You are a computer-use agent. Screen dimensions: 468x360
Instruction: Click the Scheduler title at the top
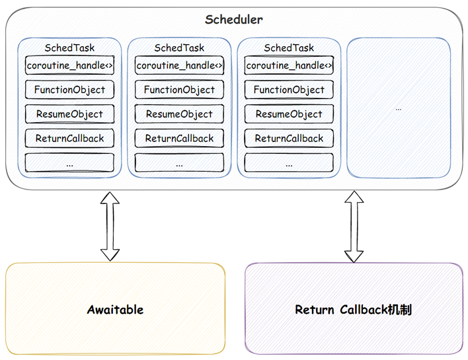click(234, 20)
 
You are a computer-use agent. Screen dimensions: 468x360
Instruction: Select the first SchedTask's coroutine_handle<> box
click(69, 65)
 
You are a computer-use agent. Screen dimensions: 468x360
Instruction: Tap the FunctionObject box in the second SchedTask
click(179, 89)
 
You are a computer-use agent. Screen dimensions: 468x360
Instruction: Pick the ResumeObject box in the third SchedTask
click(289, 114)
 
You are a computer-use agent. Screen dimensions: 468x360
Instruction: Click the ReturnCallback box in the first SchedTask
click(69, 138)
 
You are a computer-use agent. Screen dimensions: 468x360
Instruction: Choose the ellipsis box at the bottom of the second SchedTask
click(179, 162)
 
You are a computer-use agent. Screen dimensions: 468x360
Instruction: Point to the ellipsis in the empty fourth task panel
click(399, 109)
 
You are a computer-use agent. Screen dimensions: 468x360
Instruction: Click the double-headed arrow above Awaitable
click(110, 227)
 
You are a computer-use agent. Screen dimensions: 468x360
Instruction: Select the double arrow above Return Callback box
click(354, 227)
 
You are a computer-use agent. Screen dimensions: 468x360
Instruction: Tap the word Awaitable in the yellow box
click(115, 310)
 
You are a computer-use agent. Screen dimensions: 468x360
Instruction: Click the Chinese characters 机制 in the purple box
click(400, 310)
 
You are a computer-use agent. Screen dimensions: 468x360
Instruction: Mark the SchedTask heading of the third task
click(289, 48)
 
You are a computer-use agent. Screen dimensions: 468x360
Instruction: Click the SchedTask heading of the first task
click(69, 48)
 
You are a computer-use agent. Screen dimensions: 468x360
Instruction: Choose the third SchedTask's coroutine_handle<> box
click(289, 65)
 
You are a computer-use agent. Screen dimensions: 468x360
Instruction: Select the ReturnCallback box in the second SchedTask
click(179, 138)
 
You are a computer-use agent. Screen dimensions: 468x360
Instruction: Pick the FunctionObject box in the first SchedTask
click(69, 89)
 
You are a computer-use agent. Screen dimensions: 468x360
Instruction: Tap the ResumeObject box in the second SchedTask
click(179, 114)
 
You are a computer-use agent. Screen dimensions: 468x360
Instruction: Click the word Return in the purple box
click(314, 310)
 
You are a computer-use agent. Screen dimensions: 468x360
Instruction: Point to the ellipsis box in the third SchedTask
click(289, 162)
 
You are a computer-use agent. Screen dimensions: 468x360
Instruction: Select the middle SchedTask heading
click(179, 48)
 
